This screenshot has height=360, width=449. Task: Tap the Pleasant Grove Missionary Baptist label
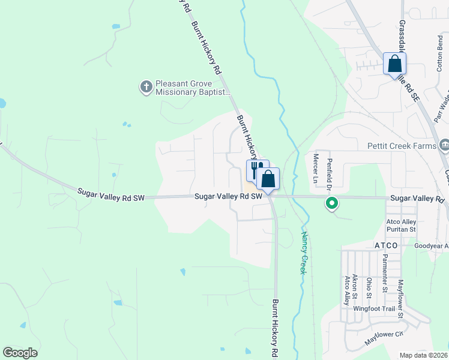[193, 88]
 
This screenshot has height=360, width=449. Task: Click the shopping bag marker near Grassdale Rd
[394, 64]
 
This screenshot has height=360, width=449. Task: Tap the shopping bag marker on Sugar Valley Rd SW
[268, 179]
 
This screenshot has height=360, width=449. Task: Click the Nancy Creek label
[304, 253]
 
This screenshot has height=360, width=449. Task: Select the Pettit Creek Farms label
[401, 146]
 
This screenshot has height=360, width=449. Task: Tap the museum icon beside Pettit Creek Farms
[445, 145]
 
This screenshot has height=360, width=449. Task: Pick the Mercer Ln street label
[316, 168]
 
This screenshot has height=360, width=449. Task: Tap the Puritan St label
[401, 229]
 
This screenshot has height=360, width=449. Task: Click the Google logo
[20, 353]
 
